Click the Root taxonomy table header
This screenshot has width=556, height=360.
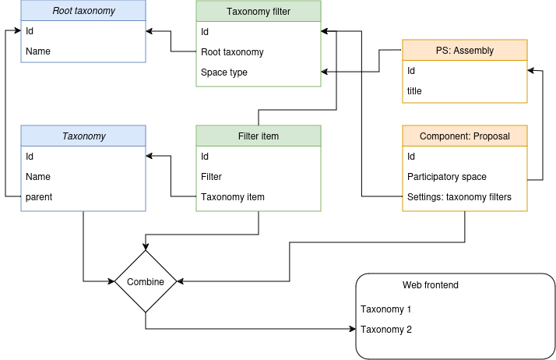coord(83,12)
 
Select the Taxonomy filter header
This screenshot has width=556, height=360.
coord(258,12)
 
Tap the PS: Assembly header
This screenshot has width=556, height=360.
coord(465,51)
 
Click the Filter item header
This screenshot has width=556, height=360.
coord(258,136)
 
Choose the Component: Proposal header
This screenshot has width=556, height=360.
coord(465,136)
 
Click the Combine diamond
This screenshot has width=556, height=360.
coord(146,281)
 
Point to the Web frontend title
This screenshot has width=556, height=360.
coord(430,285)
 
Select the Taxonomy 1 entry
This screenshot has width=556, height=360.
coord(386,309)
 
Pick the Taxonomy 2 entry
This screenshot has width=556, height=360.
coord(386,330)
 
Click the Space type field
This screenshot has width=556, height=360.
coord(224,72)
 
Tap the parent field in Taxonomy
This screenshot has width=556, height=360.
coord(39,197)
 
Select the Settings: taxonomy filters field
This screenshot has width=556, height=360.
coord(459,197)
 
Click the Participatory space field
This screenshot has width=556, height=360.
coord(446,177)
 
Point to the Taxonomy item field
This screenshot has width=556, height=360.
coord(232,197)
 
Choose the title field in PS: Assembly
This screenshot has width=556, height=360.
coord(414,91)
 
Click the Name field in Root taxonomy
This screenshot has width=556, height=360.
coord(38,52)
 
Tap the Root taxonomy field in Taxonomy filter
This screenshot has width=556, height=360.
coord(232,52)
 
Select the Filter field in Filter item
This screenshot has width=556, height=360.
coord(211,177)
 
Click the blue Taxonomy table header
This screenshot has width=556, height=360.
coord(83,136)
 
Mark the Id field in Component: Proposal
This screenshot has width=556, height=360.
coord(412,157)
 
